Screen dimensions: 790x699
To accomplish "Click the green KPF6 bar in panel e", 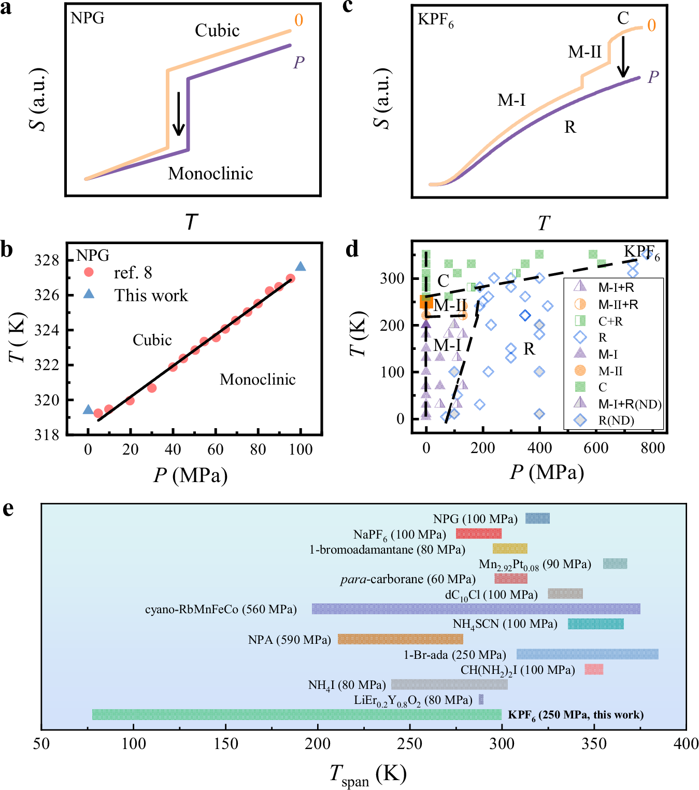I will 296,714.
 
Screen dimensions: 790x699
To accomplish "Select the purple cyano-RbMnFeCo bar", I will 476,609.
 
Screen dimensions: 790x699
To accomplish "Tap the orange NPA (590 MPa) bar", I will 400,639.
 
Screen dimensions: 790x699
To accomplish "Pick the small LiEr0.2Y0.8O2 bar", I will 481,699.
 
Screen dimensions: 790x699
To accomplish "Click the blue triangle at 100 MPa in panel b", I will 301,266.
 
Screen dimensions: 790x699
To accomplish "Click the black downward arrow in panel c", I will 623,57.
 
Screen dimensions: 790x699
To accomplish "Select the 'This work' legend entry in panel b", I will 150,295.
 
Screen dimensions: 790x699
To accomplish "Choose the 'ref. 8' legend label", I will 133,273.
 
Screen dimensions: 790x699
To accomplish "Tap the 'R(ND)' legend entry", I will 616,420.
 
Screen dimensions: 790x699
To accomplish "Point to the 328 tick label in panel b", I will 47,260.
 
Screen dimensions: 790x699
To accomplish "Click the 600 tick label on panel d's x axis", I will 596,448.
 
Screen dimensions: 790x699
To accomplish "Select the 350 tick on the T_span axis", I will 594,743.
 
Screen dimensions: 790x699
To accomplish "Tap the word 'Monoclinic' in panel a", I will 210,173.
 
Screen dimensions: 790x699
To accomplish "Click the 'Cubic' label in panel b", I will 152,340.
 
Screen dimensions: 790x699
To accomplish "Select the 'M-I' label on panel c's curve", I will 511,100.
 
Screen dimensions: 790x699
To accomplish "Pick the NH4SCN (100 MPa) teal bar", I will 595,624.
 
